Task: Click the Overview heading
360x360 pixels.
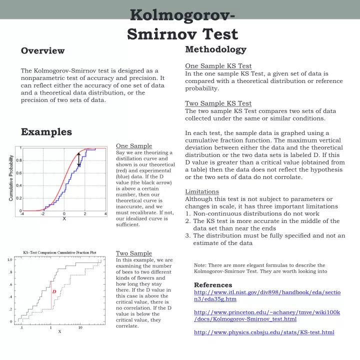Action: (x=42, y=50)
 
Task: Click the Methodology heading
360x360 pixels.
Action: (x=215, y=49)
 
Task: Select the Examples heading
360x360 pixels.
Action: (x=46, y=131)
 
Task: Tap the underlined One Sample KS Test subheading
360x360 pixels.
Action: (x=218, y=66)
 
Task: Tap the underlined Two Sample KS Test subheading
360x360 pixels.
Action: (x=218, y=103)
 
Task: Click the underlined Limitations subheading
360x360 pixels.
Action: (x=202, y=191)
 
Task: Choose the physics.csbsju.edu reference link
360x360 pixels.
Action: (x=263, y=332)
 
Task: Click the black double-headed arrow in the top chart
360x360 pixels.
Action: (x=79, y=159)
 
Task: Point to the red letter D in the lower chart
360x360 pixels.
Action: (x=54, y=291)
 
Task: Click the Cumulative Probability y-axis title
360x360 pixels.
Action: (x=10, y=178)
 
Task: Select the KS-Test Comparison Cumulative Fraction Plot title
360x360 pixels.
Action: (x=59, y=252)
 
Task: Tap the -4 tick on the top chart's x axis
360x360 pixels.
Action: (x=21, y=214)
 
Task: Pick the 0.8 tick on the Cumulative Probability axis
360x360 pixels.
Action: (x=18, y=160)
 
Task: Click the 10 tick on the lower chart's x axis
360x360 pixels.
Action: (x=80, y=328)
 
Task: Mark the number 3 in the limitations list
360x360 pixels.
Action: (x=187, y=235)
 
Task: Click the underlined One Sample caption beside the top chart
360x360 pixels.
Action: (x=133, y=146)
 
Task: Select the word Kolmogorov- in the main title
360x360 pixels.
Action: (x=183, y=15)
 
